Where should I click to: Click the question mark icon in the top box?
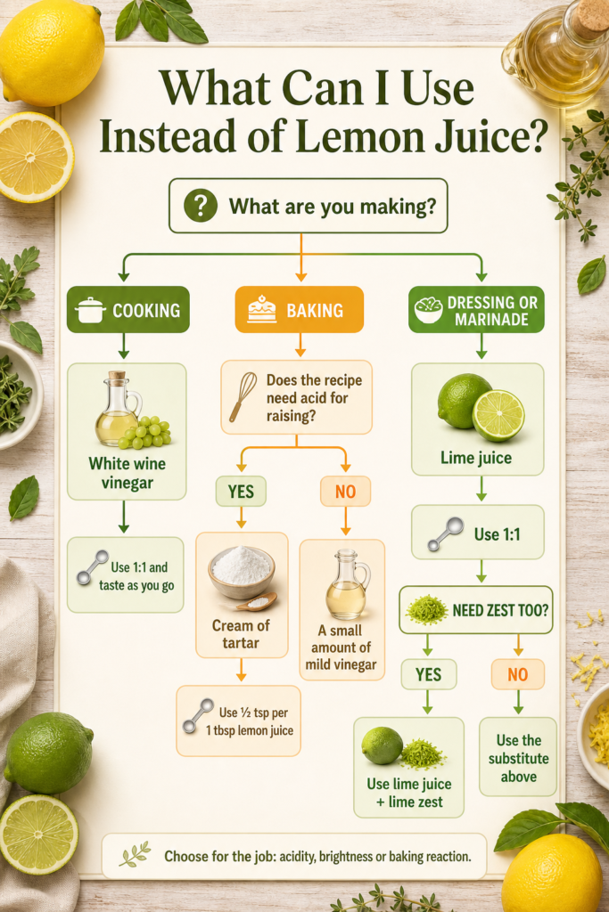point(201,206)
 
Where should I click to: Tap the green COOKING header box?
point(128,309)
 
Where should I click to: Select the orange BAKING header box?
point(300,309)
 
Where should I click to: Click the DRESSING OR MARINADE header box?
point(476,309)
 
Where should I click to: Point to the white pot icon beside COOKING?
point(90,310)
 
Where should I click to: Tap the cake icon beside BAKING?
point(262,309)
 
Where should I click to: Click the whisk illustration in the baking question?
point(243,396)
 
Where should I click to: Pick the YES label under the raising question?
point(241,492)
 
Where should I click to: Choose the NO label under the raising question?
point(345,492)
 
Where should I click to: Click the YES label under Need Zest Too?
point(429,674)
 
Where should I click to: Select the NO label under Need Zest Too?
point(517,674)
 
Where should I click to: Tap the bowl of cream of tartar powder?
point(242,573)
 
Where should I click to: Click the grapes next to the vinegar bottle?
point(145,433)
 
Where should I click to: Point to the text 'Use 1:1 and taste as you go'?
point(136,576)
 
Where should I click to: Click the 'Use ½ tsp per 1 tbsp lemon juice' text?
point(250,721)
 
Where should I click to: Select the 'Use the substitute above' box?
point(518,757)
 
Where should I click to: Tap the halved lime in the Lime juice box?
point(498,415)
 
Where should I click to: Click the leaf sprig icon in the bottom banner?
point(135,854)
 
